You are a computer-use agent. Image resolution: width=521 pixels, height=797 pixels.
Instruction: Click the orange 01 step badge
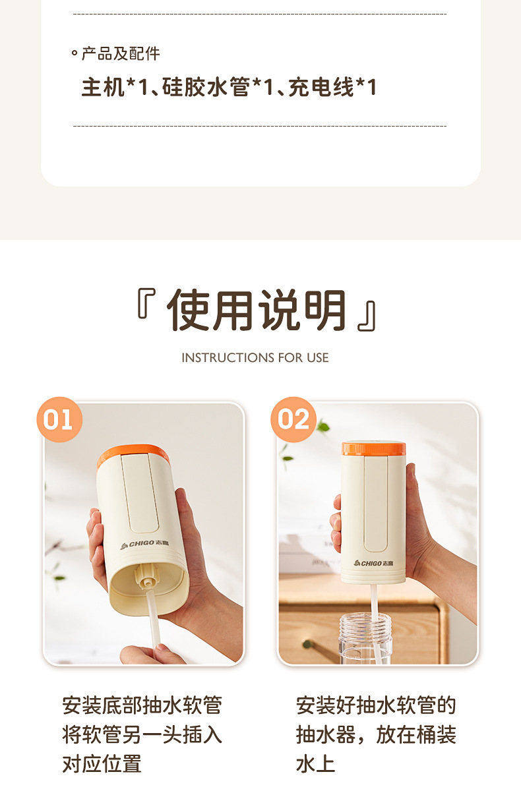click(x=59, y=419)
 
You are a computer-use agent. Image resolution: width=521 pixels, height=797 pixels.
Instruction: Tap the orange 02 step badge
click(x=293, y=419)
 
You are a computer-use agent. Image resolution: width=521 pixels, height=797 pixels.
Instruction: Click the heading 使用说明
click(x=257, y=310)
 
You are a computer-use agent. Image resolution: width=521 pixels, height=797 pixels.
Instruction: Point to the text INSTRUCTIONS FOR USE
click(x=255, y=357)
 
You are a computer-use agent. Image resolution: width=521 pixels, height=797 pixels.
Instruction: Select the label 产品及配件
click(x=121, y=53)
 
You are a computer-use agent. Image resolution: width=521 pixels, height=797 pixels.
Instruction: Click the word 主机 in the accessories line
click(x=103, y=87)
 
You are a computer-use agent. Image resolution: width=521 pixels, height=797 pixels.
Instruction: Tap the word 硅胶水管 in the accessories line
click(x=206, y=87)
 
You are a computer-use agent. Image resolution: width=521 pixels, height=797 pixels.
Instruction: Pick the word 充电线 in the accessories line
click(x=321, y=87)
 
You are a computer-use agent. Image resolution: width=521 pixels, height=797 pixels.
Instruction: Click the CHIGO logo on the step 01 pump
click(x=144, y=545)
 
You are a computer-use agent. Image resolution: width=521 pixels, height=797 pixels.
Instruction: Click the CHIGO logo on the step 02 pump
click(x=373, y=563)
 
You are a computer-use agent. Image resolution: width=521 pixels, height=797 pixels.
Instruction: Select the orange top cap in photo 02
click(x=373, y=448)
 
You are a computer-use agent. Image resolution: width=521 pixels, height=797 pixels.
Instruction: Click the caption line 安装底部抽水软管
click(x=142, y=705)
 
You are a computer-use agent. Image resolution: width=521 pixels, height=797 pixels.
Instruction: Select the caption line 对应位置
click(x=102, y=763)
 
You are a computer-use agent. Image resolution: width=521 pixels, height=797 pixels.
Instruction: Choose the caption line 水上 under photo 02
click(x=316, y=763)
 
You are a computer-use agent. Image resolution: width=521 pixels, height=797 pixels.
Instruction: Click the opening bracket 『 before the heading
click(x=146, y=303)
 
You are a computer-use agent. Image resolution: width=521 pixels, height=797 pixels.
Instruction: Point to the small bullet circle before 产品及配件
click(x=75, y=53)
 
